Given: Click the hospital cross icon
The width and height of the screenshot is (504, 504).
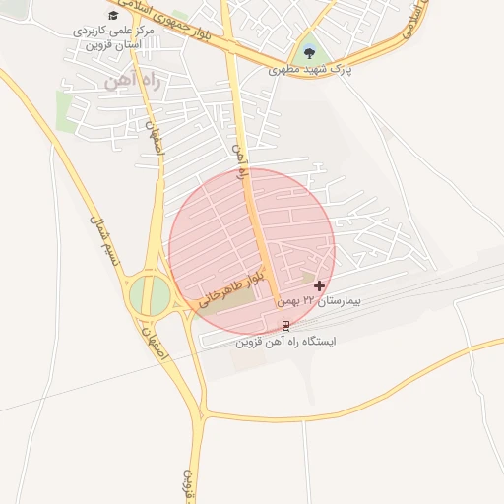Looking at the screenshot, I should [319, 285].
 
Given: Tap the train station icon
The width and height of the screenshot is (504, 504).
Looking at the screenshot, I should [286, 325].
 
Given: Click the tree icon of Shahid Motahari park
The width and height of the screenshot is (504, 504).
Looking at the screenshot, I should [310, 53].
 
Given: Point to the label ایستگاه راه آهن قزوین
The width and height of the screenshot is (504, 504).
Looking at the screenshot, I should [285, 342].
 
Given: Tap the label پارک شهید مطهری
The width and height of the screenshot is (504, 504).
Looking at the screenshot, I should [311, 70].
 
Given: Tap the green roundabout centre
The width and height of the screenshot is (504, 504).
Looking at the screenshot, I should [150, 293].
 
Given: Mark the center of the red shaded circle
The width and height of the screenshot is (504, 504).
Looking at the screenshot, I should [252, 251].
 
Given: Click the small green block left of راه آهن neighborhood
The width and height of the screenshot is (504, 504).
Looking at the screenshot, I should [65, 110].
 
